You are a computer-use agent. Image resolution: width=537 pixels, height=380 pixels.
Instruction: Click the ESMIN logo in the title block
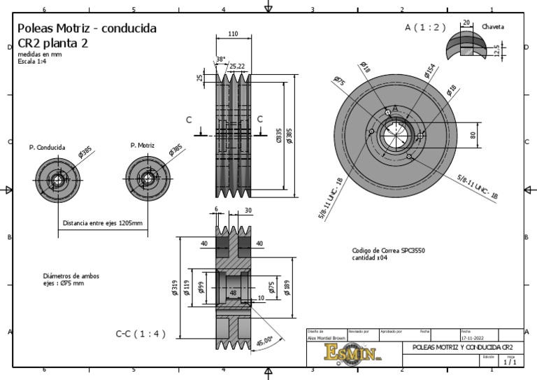pos(353,352)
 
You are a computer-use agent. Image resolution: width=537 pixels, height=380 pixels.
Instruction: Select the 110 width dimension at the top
pos(233,34)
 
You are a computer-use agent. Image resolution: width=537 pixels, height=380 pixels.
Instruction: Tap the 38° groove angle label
pos(221,59)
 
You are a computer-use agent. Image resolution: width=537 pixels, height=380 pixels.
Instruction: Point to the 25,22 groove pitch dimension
pos(237,66)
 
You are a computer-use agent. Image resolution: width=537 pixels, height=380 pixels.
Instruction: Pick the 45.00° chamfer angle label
pos(264,342)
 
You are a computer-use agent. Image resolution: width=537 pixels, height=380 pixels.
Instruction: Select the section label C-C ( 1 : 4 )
pos(141,334)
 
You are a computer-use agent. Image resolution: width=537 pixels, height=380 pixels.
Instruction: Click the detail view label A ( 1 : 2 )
pos(425,27)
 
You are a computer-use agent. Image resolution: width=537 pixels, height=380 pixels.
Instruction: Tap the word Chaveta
pos(493,27)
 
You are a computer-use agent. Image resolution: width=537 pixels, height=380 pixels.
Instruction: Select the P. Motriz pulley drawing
pos(148,176)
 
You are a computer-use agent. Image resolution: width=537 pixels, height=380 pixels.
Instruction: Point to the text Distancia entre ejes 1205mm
pos(103,224)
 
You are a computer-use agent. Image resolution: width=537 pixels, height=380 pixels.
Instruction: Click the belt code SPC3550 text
pos(389,250)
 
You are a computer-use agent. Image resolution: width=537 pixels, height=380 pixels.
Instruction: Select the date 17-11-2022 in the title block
pos(474,337)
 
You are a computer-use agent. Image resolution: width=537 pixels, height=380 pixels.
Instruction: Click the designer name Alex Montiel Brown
pos(327,337)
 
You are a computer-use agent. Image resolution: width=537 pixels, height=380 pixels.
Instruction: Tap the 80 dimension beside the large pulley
pos(472,135)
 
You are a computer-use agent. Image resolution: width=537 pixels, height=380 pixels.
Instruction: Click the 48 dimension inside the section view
pos(233,293)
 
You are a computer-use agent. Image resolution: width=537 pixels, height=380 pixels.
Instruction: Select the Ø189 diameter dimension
pos(287,287)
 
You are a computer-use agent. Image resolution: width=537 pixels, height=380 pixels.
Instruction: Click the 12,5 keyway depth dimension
pos(496,51)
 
